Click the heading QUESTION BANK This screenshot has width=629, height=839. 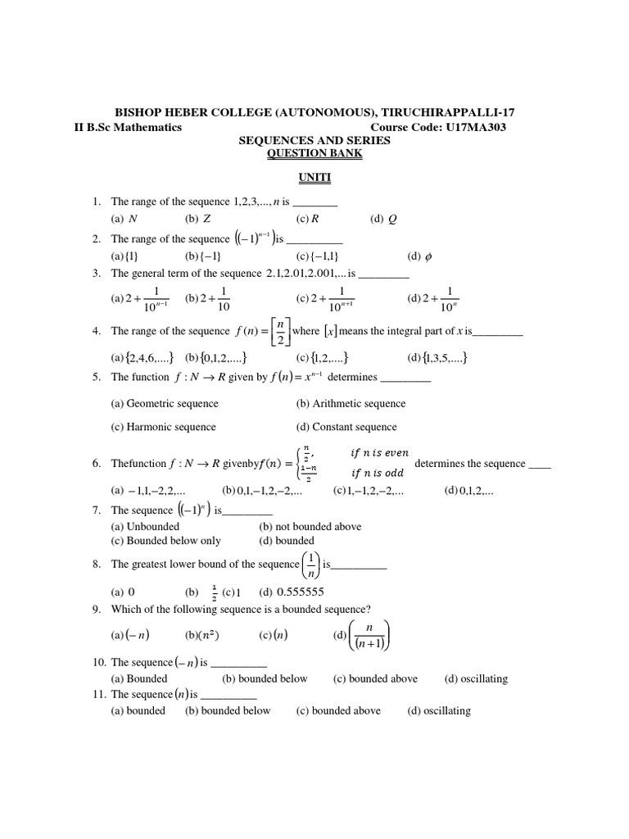314,153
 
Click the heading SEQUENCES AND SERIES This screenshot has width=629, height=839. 314,141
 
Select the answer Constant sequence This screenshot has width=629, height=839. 346,427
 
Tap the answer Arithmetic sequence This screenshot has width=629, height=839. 351,403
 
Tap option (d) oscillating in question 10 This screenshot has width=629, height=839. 476,678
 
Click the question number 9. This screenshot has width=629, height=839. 96,608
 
